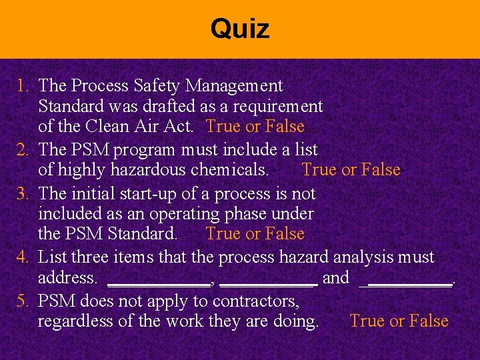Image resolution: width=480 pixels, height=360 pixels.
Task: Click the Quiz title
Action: (240, 29)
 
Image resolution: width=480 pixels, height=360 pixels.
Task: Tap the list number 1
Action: (23, 86)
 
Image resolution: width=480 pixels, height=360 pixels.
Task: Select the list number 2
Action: (23, 150)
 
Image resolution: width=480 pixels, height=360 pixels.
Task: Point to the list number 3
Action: (23, 193)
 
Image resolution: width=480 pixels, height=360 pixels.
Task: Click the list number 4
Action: (23, 257)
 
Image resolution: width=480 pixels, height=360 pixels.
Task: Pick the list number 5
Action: (23, 301)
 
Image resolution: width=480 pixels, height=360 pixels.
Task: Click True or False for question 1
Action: (255, 126)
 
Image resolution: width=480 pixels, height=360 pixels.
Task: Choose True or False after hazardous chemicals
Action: (351, 170)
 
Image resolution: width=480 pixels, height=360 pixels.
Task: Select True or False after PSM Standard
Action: (255, 234)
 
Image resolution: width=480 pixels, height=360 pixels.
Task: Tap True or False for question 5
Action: (399, 321)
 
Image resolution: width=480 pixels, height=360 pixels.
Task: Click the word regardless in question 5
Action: (70, 321)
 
